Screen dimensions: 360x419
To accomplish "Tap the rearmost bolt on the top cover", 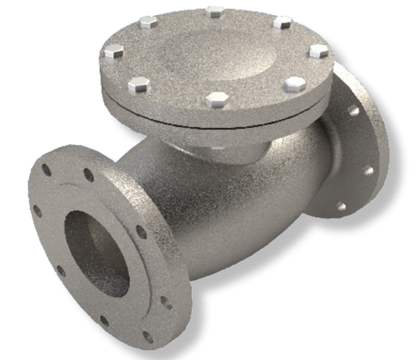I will pyautogui.click(x=216, y=12).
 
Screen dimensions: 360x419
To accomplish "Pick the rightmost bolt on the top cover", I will pyautogui.click(x=318, y=51).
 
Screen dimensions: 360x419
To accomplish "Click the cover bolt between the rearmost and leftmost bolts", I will pyautogui.click(x=149, y=23).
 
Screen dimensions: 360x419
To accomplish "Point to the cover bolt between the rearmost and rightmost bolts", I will pyautogui.click(x=283, y=22).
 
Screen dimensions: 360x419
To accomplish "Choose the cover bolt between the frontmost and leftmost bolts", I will pyautogui.click(x=139, y=85).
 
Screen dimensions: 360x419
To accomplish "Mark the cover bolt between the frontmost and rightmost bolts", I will pyautogui.click(x=295, y=84).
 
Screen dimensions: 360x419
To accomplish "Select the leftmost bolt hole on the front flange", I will pyautogui.click(x=37, y=211).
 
